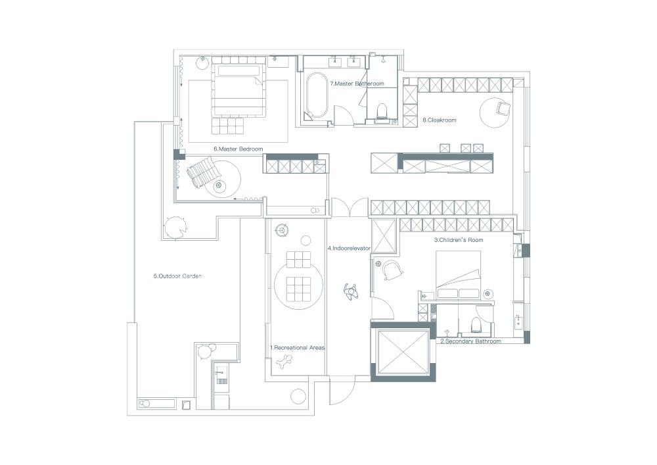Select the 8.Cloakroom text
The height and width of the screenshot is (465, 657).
click(x=439, y=120)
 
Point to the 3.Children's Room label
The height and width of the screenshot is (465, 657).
click(x=459, y=241)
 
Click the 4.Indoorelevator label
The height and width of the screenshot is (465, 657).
click(x=350, y=249)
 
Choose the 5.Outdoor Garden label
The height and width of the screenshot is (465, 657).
click(x=177, y=276)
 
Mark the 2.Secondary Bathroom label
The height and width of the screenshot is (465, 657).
click(x=470, y=342)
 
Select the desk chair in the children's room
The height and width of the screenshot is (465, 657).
click(x=393, y=270)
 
